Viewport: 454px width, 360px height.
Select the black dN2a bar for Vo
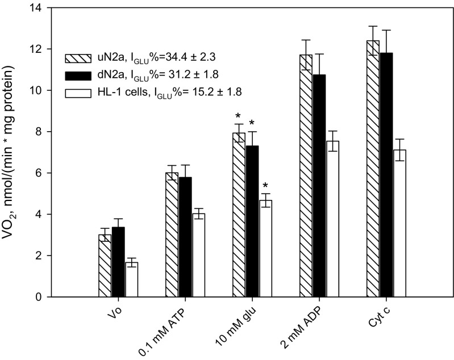pos(119,262)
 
